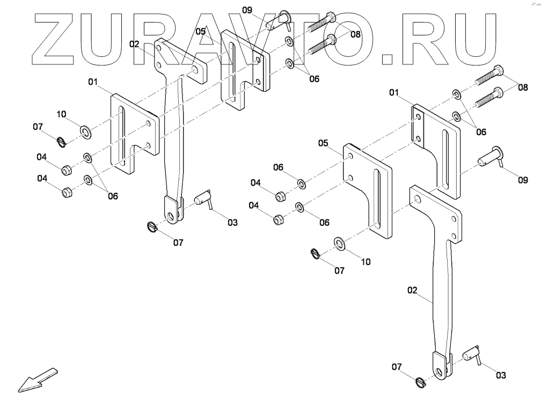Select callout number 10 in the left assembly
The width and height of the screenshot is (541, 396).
click(x=61, y=114)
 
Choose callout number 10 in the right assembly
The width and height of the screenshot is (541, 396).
click(x=365, y=262)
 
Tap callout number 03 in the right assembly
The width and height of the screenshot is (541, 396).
click(x=500, y=376)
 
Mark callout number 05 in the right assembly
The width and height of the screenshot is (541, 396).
click(x=323, y=143)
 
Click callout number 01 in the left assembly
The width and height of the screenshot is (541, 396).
click(x=93, y=82)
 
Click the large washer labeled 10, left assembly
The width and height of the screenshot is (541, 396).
click(x=85, y=130)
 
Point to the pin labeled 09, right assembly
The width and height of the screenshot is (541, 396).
click(x=492, y=159)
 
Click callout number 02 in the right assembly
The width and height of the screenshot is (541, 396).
click(x=412, y=290)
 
